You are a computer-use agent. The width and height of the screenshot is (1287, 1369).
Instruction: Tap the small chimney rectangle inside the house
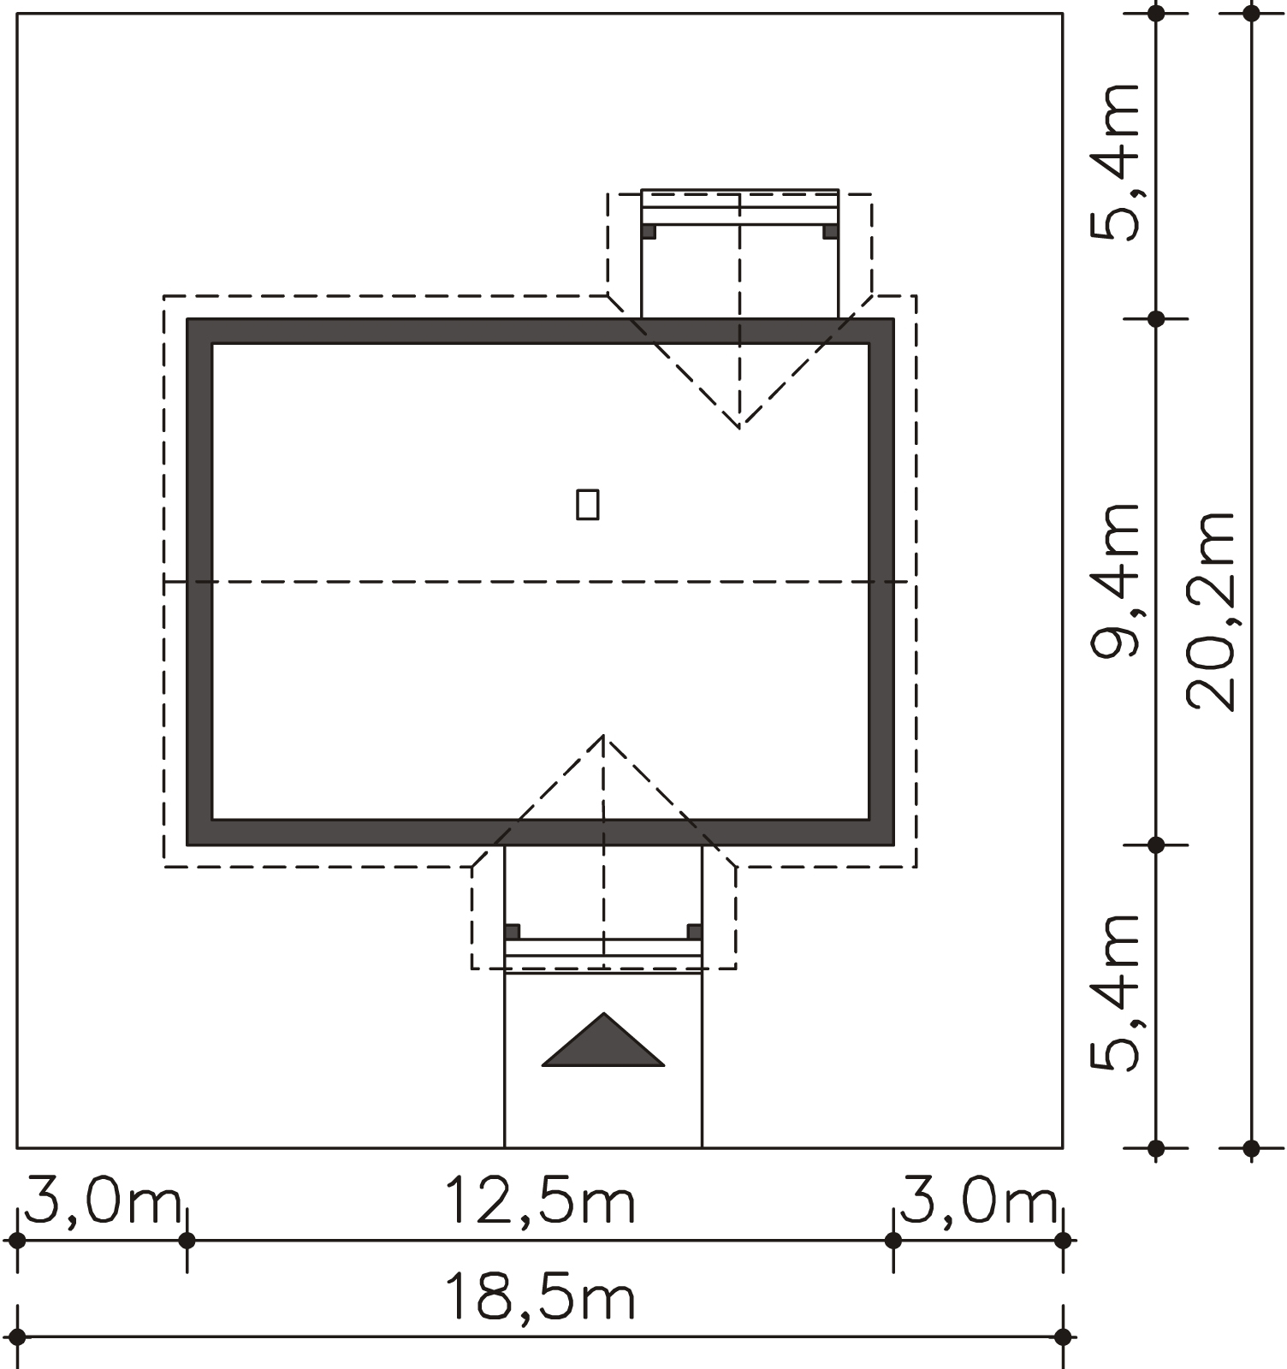588,504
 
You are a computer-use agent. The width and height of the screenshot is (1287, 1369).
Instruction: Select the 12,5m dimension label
540,1201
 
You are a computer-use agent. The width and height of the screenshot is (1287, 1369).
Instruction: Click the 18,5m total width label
540,1298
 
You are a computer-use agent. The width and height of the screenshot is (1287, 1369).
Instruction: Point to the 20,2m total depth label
1211,611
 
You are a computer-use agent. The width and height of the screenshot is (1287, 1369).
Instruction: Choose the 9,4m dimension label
1115,580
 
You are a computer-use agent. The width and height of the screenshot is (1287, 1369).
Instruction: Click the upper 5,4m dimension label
1115,162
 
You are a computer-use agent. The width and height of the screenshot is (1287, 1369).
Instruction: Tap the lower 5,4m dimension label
1115,993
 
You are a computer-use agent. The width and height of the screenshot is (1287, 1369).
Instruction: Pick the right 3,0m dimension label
979,1201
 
